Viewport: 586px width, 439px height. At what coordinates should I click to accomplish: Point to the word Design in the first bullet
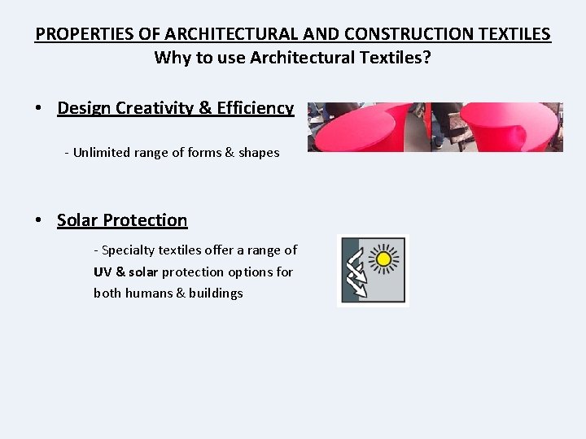click(84, 108)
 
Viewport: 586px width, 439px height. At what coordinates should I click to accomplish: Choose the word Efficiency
click(254, 108)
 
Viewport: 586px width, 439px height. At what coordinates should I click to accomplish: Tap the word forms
click(203, 152)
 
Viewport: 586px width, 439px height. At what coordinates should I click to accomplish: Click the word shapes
click(259, 152)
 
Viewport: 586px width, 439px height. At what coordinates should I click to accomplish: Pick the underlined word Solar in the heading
click(77, 220)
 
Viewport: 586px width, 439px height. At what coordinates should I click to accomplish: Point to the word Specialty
click(129, 250)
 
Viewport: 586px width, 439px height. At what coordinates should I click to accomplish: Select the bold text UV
click(103, 272)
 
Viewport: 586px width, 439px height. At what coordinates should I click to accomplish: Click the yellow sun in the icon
click(383, 259)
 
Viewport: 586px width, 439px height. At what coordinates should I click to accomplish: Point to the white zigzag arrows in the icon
click(356, 272)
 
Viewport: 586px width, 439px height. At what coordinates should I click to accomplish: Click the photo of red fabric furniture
click(435, 127)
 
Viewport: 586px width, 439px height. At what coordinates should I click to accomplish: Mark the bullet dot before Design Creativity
click(38, 109)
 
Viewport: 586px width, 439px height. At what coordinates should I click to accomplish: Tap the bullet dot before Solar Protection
click(38, 221)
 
